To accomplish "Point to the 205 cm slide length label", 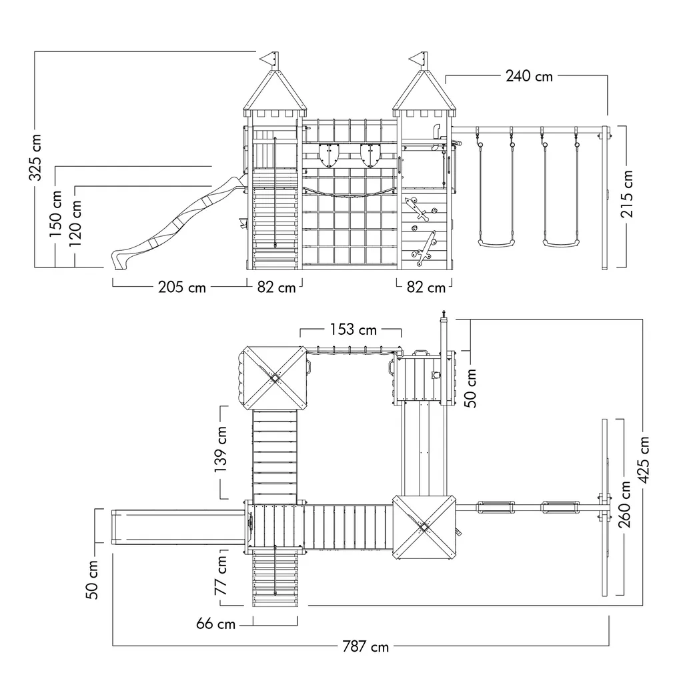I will [182, 287].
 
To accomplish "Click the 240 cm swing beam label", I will [529, 76].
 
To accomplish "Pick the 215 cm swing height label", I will [627, 198].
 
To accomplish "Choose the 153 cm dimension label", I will [352, 329].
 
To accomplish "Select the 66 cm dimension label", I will [215, 624].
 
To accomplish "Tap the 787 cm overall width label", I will [365, 646].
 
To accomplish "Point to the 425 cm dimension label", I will [644, 460].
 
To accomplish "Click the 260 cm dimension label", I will [626, 504].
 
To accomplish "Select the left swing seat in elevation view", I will [496, 243].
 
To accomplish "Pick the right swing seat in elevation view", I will [560, 243].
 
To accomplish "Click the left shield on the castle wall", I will [329, 156].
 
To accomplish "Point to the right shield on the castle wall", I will [370, 156].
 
